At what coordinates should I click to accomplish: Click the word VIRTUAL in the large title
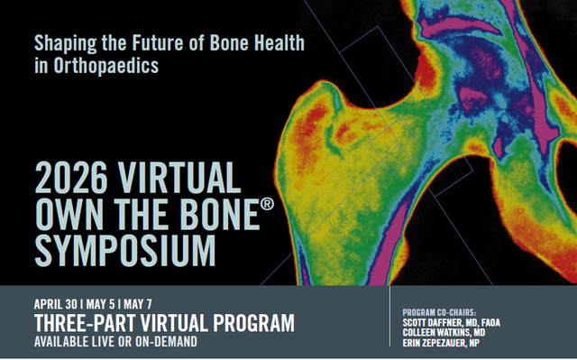(177, 177)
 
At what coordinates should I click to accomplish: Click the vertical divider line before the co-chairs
(390, 322)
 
